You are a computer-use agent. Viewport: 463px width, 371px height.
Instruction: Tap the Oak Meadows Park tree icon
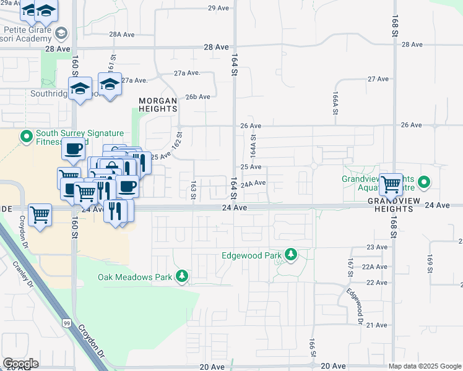(182, 276)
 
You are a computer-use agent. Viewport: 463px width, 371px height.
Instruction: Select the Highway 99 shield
(66, 323)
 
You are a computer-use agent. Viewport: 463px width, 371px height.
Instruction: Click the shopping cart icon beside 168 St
(391, 183)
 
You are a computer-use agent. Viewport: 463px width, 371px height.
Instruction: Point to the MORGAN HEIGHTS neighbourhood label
(158, 104)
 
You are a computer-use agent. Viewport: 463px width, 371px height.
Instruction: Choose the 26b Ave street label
(198, 96)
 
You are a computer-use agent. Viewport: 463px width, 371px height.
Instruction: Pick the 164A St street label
(253, 148)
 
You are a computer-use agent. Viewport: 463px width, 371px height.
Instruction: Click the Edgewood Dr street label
(354, 306)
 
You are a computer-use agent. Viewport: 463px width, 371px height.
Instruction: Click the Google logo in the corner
(20, 363)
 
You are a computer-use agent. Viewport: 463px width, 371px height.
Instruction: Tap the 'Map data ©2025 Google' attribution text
(425, 366)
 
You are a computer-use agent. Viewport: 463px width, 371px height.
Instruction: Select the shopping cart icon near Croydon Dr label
(40, 215)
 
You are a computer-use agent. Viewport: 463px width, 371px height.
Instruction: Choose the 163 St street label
(193, 190)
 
